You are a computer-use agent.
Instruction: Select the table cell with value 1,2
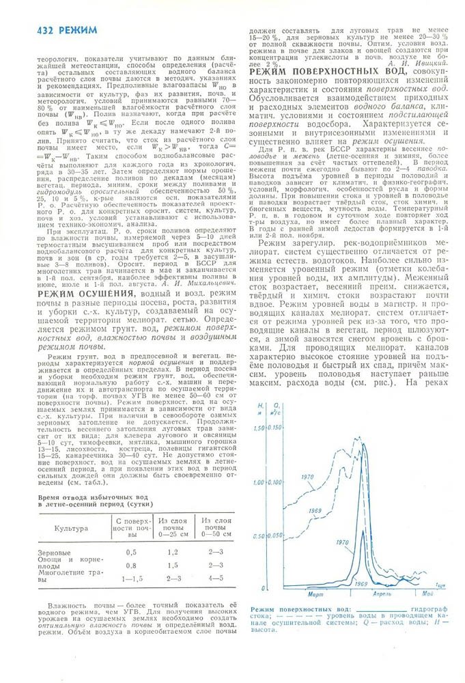[x=173, y=551]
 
